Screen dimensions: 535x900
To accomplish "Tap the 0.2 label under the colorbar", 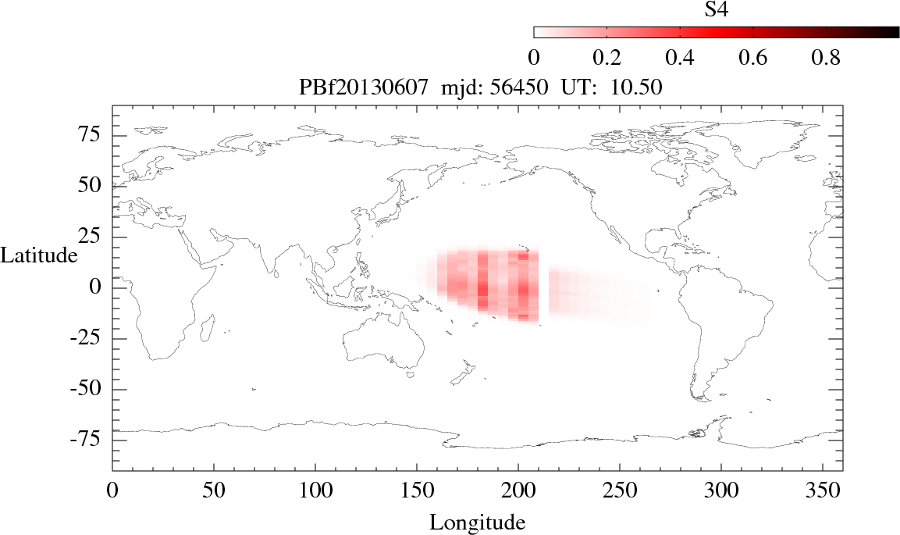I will coord(607,59).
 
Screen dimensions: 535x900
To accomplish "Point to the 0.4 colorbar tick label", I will coord(680,59).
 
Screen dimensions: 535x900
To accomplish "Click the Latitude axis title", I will coord(39,255).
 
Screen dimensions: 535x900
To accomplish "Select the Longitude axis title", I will coord(477,522).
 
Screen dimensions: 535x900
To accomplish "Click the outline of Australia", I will coord(382,344).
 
